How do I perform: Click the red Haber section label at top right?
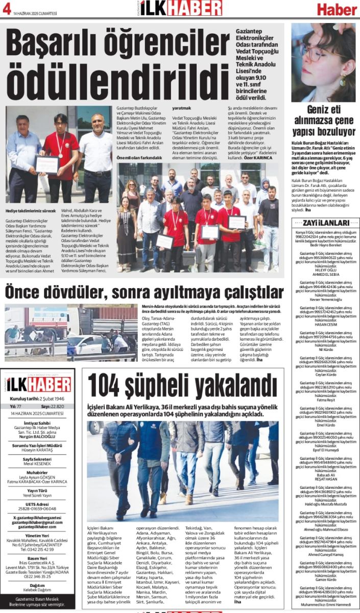point(336,9)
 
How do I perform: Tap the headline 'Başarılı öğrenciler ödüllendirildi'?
point(117,62)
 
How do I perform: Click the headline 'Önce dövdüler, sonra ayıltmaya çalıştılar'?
point(143,292)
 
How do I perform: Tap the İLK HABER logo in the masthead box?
point(38,384)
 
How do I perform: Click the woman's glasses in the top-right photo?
point(314,52)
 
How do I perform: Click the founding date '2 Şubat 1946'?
point(51,398)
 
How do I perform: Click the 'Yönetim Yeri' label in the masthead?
point(38,536)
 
